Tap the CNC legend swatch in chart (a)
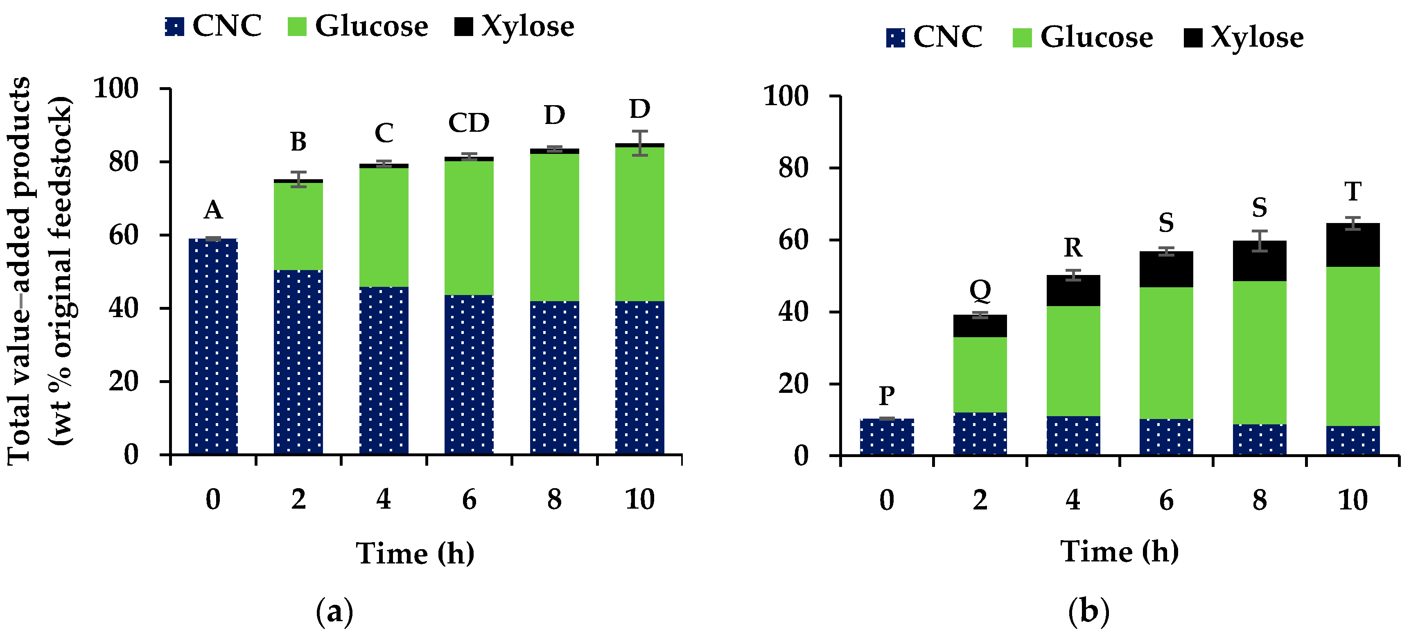[174, 26]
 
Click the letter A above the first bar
[213, 210]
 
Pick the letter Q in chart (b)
[980, 290]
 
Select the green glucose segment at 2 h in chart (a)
[298, 226]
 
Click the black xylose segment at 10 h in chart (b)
[1353, 245]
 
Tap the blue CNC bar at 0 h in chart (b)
[887, 437]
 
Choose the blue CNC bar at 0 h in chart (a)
[213, 347]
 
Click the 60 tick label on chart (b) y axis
[793, 240]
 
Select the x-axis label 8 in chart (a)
[554, 499]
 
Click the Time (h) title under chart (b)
[1119, 552]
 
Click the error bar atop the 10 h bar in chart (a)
[639, 143]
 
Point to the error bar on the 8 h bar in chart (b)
[1259, 241]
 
